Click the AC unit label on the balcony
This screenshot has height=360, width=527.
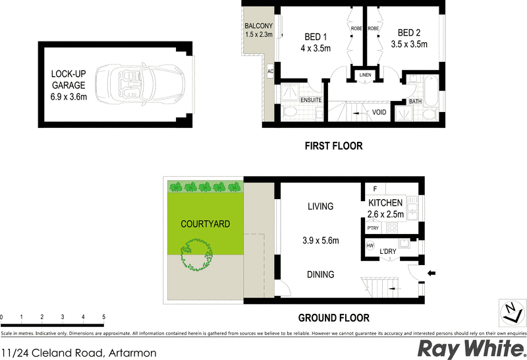pos(270,71)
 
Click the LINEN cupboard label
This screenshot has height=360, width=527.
pos(365,75)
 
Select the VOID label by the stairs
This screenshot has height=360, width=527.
pos(379,112)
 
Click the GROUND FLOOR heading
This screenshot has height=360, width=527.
pos(333,317)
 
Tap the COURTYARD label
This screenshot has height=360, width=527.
pos(206,224)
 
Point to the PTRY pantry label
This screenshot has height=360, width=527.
pos(372,228)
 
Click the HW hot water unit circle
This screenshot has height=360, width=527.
pos(370,246)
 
